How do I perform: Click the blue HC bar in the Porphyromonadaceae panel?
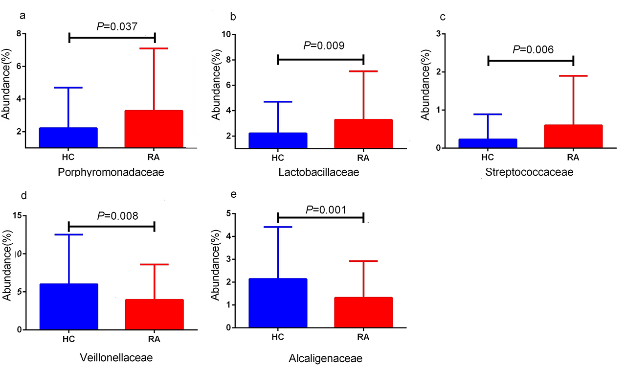tap(68, 138)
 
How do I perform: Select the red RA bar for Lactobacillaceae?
tap(363, 133)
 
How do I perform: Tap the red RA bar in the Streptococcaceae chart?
tap(573, 136)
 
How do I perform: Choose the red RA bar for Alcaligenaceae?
tap(363, 312)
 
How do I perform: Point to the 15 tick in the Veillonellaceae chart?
tap(18, 215)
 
